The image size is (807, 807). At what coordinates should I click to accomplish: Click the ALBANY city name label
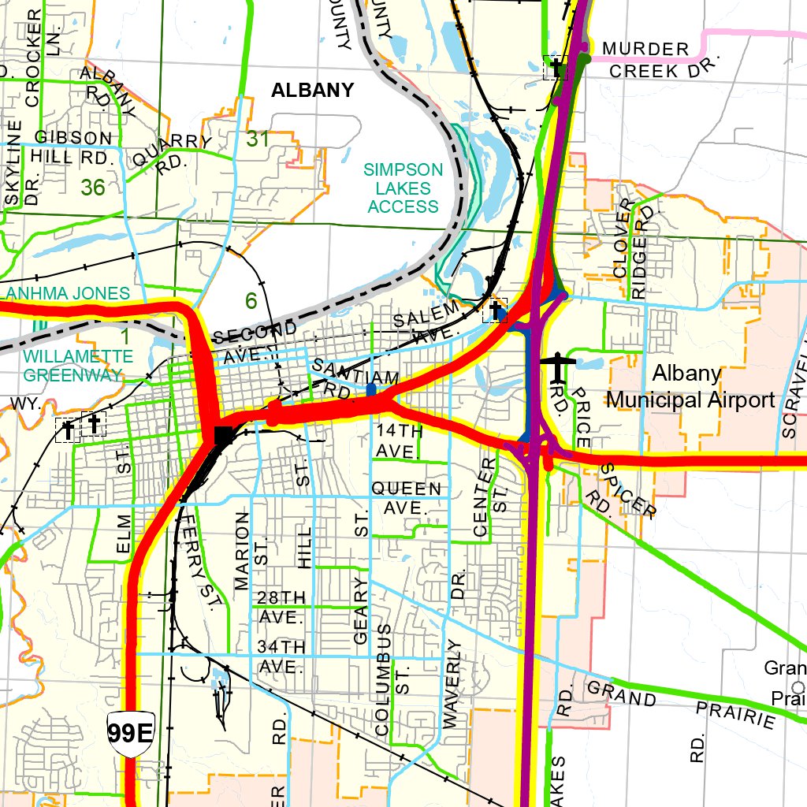tap(312, 90)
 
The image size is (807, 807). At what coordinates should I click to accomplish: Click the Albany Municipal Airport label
tap(690, 386)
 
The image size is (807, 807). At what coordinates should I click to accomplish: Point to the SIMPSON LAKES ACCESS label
tap(403, 188)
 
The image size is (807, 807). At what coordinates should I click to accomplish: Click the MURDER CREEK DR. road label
tap(653, 60)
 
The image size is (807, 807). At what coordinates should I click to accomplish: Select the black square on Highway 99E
tap(224, 434)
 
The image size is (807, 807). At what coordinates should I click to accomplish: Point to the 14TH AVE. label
tap(400, 441)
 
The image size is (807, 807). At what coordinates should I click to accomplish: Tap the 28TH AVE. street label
tap(281, 607)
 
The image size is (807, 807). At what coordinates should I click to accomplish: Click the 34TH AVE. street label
tap(281, 656)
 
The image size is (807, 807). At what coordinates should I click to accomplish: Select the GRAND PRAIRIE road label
tap(682, 704)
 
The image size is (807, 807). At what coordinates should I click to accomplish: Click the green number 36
tap(92, 188)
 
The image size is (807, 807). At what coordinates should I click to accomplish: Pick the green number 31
tap(258, 139)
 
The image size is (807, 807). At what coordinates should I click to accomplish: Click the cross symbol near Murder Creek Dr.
tap(556, 68)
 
